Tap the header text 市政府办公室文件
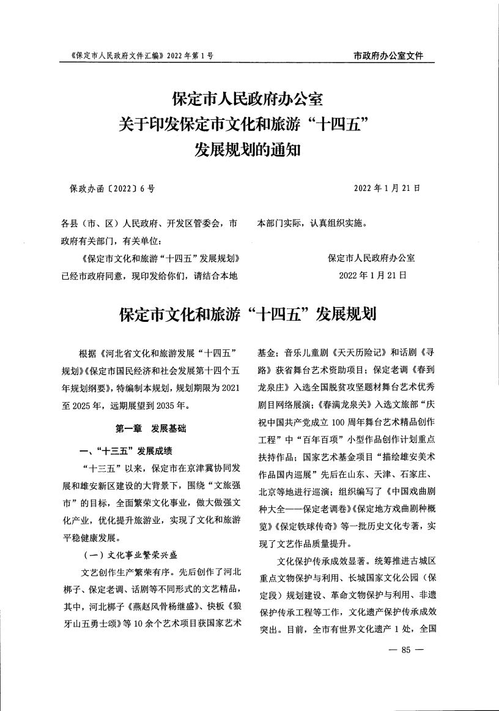(388, 56)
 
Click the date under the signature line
(372, 275)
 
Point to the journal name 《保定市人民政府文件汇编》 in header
(114, 56)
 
